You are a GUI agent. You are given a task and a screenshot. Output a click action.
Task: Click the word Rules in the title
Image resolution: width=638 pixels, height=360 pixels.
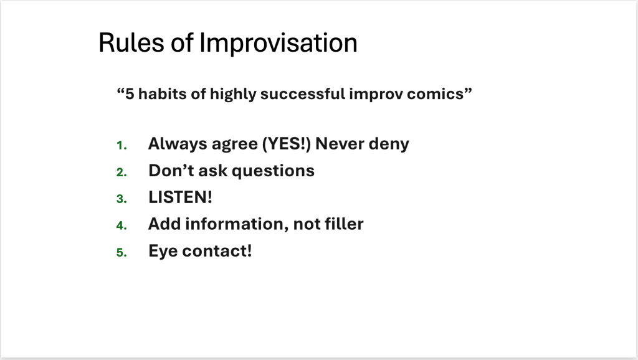(x=131, y=43)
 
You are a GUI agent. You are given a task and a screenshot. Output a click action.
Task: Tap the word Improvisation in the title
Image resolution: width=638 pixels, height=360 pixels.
(x=279, y=43)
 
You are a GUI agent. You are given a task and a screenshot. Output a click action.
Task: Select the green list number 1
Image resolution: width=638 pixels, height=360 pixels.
(x=121, y=145)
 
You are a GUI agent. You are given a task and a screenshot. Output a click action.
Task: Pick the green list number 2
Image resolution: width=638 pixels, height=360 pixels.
(x=121, y=172)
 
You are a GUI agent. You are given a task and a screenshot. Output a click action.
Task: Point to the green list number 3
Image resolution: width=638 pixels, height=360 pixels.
(x=121, y=199)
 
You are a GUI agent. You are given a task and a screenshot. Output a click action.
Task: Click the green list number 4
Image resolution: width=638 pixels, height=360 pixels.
(x=121, y=225)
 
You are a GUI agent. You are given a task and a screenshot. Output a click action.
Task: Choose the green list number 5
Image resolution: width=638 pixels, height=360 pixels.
(x=121, y=252)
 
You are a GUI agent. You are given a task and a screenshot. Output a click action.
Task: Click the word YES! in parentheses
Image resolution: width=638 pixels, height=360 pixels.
(x=287, y=144)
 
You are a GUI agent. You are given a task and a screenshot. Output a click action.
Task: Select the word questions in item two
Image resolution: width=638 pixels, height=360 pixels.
(x=273, y=171)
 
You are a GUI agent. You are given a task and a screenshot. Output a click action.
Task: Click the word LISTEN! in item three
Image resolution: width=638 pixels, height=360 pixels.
(x=180, y=197)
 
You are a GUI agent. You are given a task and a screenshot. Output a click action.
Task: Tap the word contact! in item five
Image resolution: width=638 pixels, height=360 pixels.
(x=217, y=251)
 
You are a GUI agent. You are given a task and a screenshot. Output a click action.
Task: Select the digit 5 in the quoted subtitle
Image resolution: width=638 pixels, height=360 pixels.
(x=130, y=94)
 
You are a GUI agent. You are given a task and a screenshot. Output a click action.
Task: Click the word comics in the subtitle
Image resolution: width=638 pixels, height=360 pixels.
(x=435, y=94)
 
